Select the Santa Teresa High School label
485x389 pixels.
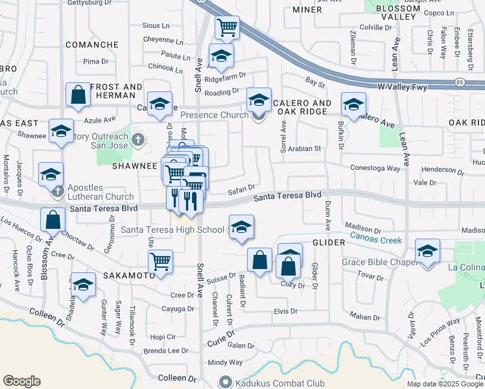click(x=172, y=230)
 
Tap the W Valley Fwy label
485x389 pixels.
click(x=405, y=86)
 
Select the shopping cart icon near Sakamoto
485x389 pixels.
click(x=160, y=262)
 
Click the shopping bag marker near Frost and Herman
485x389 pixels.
click(x=78, y=95)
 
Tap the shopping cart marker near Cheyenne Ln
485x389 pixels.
click(x=227, y=27)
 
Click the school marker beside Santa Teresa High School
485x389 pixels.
click(x=241, y=227)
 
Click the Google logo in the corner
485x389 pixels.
click(x=21, y=381)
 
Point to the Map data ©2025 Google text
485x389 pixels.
click(x=444, y=384)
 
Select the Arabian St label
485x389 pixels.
click(x=305, y=148)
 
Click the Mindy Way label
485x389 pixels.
click(x=225, y=362)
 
